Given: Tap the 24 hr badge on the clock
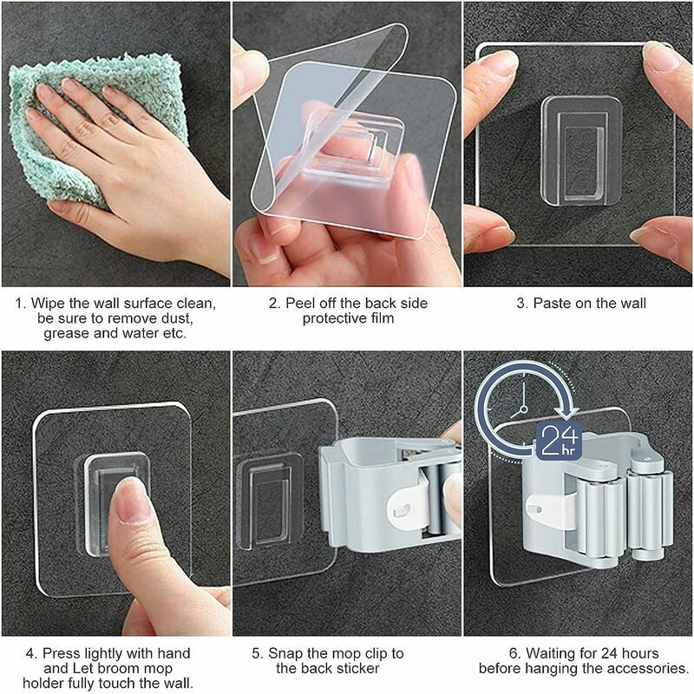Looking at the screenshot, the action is point(558,441).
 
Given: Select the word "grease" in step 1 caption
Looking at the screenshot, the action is point(67,333).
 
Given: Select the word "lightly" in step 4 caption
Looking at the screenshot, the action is point(105,654).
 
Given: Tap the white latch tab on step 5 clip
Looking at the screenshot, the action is point(408,506).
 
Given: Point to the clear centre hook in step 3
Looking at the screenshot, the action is point(582,151).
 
